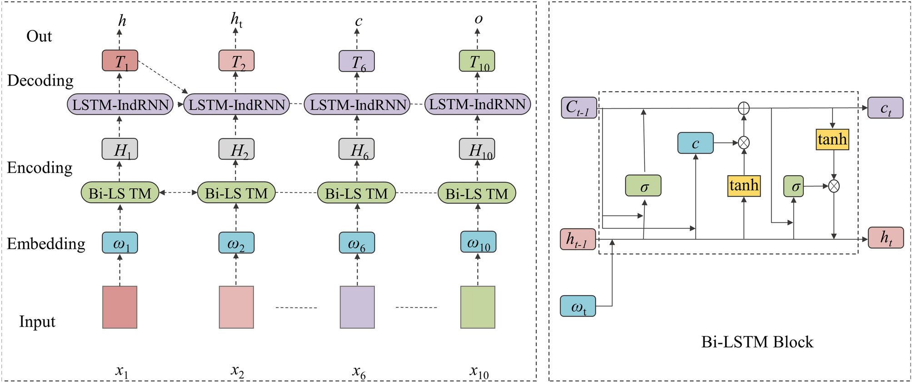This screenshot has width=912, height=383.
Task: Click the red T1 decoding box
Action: point(120,60)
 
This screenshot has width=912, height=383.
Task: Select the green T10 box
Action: point(477,61)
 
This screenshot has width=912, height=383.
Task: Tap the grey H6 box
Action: point(357,149)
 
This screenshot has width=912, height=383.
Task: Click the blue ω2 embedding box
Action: point(236,243)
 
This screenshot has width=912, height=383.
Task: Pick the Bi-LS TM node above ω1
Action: point(120,193)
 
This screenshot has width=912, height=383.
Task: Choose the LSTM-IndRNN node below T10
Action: point(477,105)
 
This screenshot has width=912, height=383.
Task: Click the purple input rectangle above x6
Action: point(357,307)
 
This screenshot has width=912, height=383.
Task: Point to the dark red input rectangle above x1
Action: point(120,307)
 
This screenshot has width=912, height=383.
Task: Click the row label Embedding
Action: point(46,243)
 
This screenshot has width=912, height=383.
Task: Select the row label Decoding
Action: point(40,81)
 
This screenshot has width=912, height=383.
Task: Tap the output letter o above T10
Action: point(478,19)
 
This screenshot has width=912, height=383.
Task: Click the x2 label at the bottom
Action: point(237,371)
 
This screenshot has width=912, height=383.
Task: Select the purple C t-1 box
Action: point(578,108)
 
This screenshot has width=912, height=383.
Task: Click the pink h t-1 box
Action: point(578,239)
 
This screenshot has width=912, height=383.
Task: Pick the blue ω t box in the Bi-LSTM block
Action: point(578,306)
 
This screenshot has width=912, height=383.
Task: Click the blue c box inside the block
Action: point(695,143)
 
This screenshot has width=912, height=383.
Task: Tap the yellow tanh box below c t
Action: point(832,139)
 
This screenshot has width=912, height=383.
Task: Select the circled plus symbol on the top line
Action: point(743,108)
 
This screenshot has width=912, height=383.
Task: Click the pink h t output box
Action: point(886,238)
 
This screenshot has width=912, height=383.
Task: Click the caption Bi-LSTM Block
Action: point(757,342)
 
